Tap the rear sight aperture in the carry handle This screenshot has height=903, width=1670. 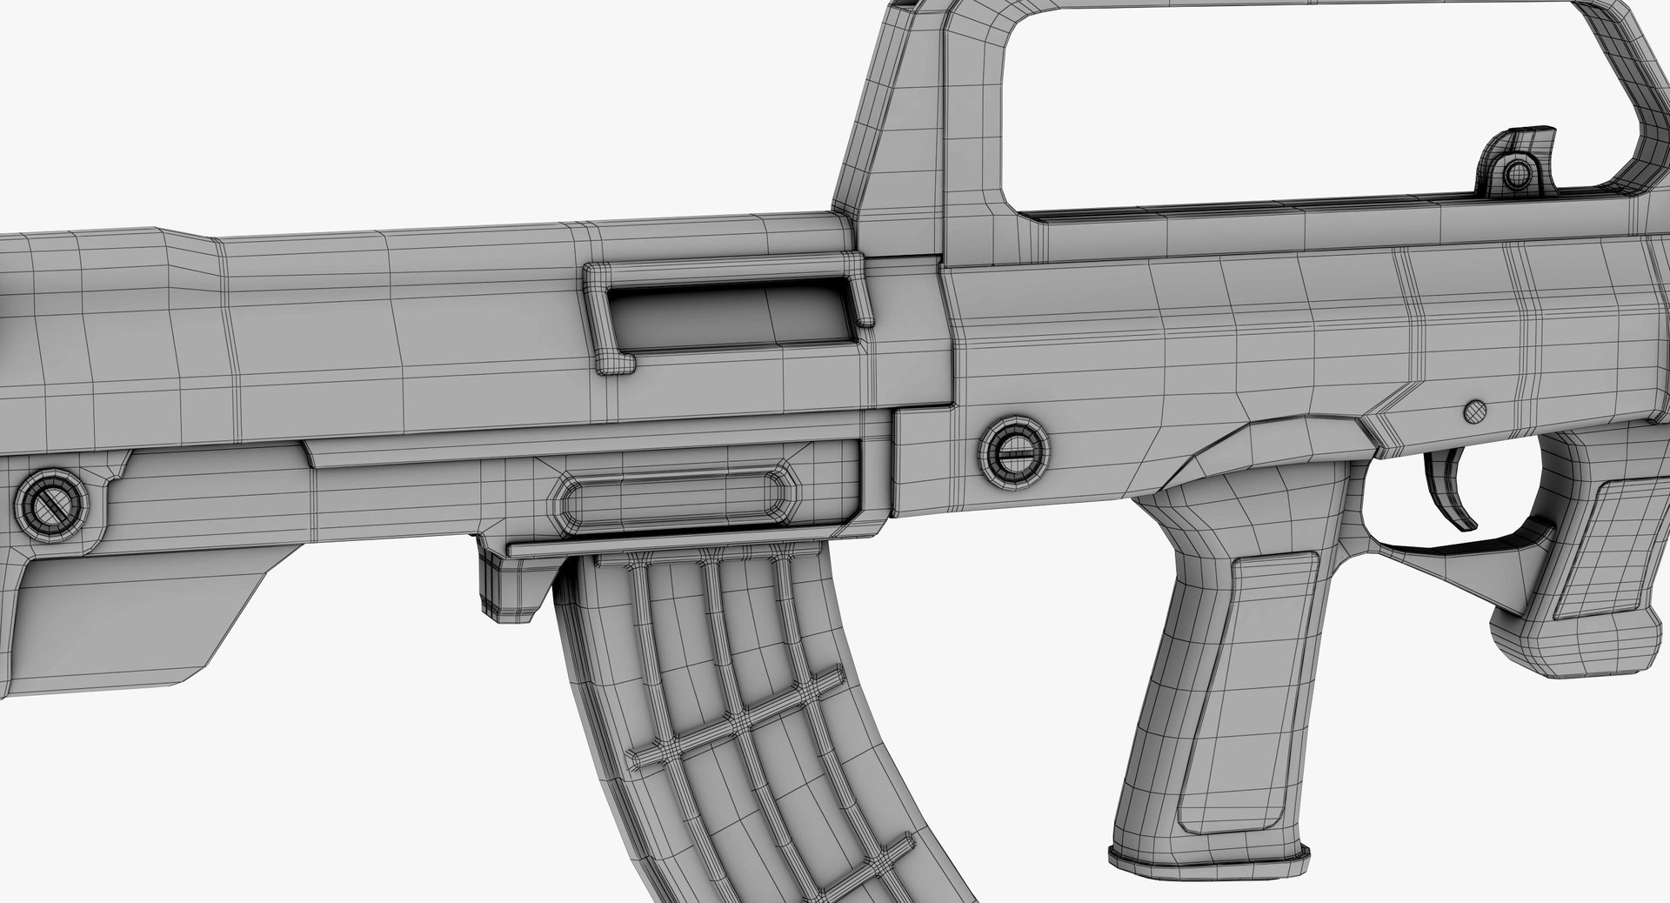[1518, 173]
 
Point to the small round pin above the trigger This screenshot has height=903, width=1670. [1475, 410]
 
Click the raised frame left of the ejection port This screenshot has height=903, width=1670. [596, 318]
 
